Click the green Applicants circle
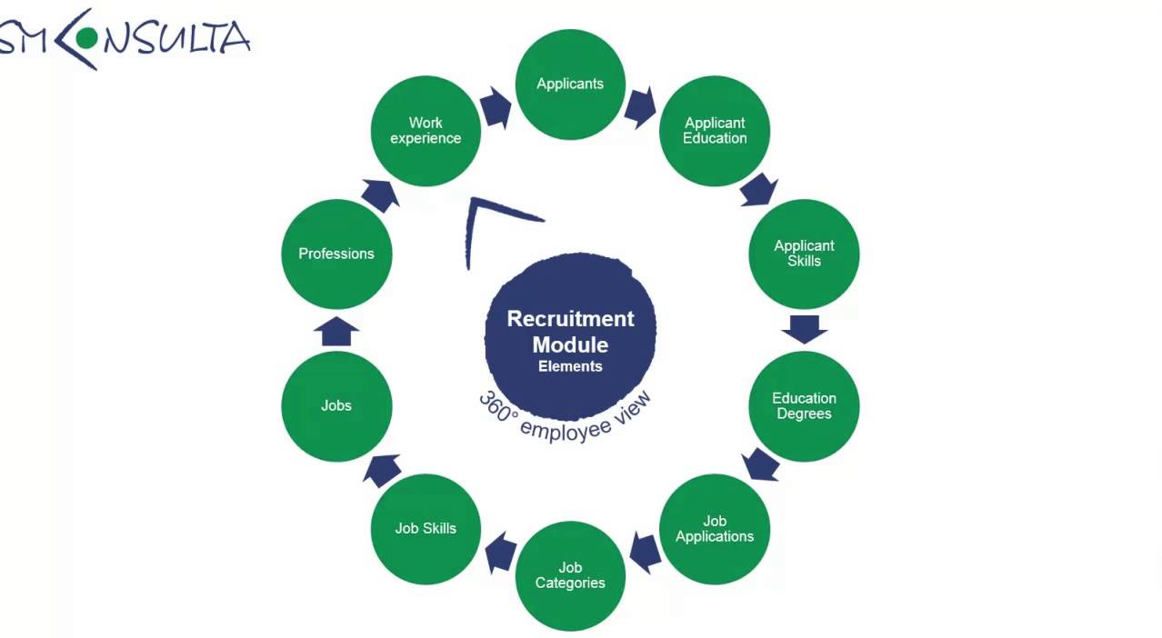pos(570,85)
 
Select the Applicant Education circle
pos(715,131)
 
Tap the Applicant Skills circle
pos(804,254)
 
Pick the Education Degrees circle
pos(804,406)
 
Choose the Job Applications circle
pos(715,529)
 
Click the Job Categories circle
pos(570,575)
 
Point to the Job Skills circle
pos(426,529)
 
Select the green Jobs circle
pos(336,406)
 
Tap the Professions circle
pos(336,254)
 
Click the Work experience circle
pos(426,131)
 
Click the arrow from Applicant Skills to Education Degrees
pos(804,329)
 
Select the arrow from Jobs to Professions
pos(336,332)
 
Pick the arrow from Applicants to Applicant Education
pos(640,107)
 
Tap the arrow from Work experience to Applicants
pos(496,107)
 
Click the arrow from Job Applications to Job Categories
pos(644,552)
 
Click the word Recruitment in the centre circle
pos(570,319)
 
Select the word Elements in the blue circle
pos(570,366)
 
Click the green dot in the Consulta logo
pos(87,38)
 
